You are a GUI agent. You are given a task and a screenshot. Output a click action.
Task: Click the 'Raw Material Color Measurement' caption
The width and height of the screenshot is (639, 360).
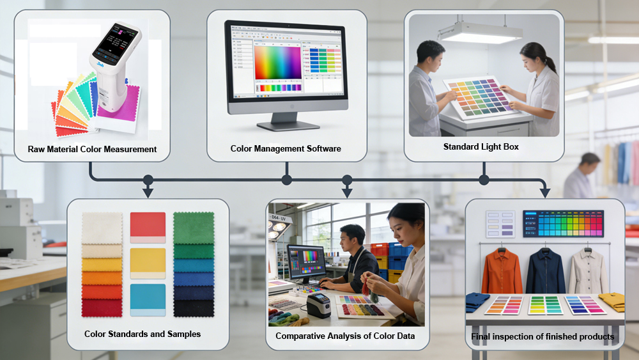pos(92,149)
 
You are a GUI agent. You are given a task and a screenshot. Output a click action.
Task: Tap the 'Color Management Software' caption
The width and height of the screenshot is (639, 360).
pos(286,148)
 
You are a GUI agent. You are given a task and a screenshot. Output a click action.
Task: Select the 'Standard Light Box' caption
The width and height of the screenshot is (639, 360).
pos(481,146)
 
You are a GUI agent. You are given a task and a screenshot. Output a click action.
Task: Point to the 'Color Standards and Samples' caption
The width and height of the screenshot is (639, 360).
pos(142,334)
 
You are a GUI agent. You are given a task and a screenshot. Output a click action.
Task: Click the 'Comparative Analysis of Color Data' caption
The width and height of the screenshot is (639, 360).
pos(345,336)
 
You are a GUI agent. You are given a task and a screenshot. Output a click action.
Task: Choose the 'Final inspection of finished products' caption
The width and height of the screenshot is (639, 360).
pos(543,336)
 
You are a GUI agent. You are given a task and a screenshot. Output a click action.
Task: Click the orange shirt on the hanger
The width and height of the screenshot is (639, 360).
pos(502,271)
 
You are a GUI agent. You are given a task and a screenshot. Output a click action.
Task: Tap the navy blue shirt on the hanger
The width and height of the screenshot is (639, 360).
pos(544,271)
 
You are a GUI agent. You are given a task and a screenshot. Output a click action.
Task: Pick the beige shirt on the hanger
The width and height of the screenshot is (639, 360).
pos(588,271)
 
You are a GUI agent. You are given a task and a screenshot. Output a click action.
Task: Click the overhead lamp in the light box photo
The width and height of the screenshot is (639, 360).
pos(472,33)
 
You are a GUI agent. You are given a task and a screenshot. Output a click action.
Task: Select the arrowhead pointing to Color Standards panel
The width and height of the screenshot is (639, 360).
pos(148,192)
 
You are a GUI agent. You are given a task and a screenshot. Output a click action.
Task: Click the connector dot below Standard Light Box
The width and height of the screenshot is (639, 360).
pos(484,180)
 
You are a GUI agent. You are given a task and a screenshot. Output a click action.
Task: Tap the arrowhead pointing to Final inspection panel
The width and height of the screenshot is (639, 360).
pos(544,192)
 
